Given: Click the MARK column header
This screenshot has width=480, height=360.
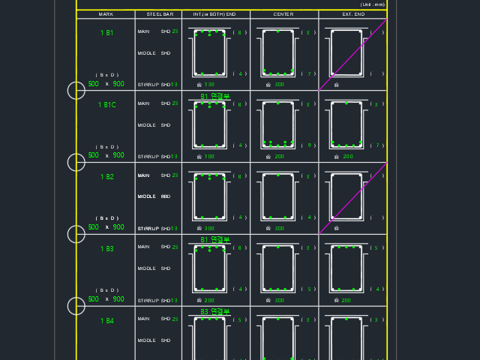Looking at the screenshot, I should coord(106,14).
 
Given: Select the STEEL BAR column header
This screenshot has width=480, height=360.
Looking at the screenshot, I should coord(158,14).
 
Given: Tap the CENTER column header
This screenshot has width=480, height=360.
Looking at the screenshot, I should coord(283,14).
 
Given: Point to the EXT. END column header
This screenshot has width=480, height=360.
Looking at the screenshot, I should coord(352,14).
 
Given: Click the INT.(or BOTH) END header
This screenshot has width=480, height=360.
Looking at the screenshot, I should coord(215,14).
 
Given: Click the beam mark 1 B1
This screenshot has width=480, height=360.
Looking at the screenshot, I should coord(107,33).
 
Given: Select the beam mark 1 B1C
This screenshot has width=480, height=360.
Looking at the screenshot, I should coord(107,105).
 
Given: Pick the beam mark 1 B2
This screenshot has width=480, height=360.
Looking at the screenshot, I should coord(107,177).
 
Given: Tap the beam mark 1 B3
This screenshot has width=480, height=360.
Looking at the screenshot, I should coord(107,248).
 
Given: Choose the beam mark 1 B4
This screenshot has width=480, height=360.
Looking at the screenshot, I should coord(107,320).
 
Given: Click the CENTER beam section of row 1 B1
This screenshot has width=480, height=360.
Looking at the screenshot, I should coord(277,52).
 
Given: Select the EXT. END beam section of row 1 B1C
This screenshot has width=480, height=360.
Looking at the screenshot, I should coord(346,124).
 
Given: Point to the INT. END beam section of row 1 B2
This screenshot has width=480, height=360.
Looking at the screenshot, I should coord(209,196).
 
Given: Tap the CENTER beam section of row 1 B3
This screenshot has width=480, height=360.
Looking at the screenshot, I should coord(277,268).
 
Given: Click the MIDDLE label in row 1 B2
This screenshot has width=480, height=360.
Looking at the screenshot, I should coord(146,196).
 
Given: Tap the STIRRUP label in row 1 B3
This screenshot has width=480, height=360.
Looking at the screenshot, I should coord(148,300).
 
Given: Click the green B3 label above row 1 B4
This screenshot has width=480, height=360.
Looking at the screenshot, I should coord(214,311).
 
